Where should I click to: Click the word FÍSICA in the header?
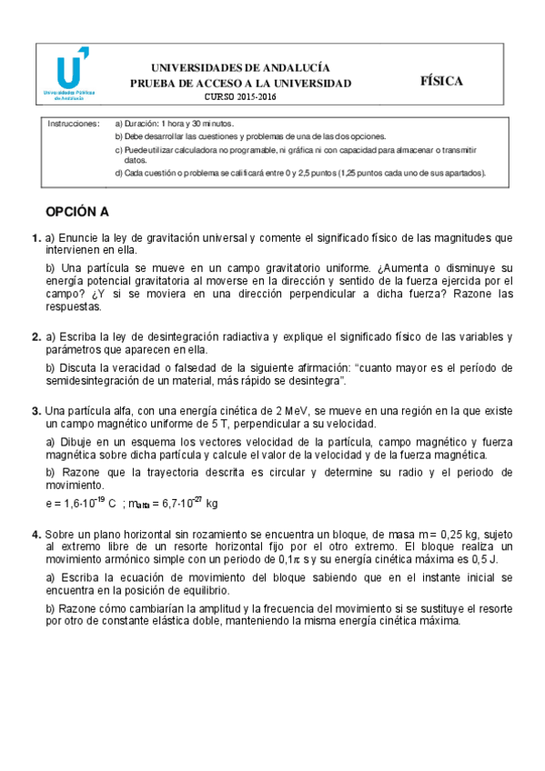coord(441,80)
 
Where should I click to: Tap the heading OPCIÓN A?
coord(77,213)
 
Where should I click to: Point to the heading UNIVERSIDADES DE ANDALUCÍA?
coord(239,68)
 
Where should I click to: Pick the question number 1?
coord(35,238)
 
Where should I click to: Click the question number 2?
coord(35,336)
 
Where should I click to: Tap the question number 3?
coord(35,411)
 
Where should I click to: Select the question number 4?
coord(35,535)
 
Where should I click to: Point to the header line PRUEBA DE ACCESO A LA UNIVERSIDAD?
coord(239,84)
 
